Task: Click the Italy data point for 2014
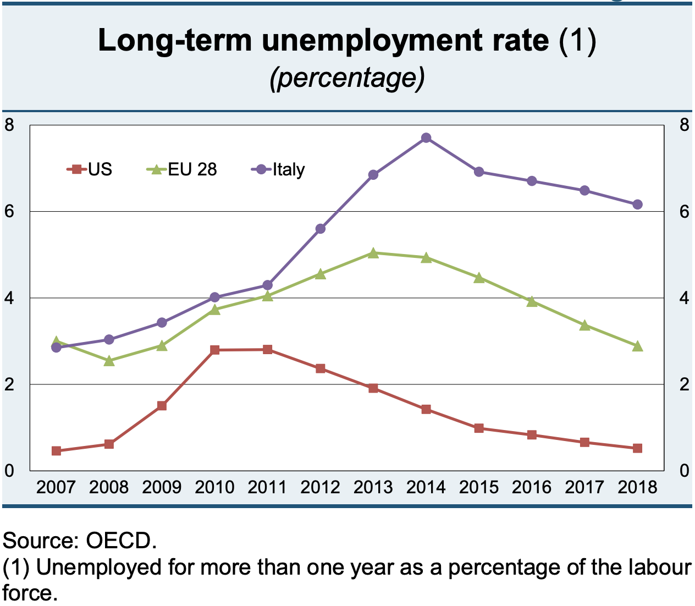(426, 138)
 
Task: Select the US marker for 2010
(215, 350)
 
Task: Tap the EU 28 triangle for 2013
(373, 253)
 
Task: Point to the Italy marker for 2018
(637, 205)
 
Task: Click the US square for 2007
(56, 451)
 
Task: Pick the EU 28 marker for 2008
(109, 361)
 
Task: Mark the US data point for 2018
(637, 448)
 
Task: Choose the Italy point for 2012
(321, 229)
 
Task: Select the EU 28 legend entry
(182, 169)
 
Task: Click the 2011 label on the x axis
(267, 487)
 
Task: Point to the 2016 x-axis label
(532, 487)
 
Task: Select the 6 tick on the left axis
(9, 212)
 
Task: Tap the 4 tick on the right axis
(684, 298)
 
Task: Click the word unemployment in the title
(405, 40)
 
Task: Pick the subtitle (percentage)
(347, 78)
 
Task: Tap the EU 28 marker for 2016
(532, 301)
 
